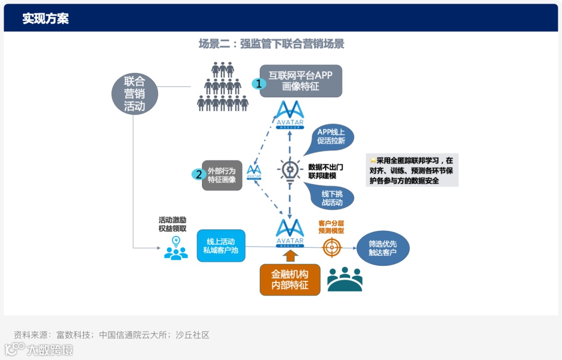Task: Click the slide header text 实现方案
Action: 45,19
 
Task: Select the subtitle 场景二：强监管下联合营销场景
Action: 271,44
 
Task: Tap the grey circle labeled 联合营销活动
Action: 134,94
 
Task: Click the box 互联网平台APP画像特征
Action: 301,81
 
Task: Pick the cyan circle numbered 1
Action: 259,83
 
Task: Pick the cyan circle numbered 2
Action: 198,175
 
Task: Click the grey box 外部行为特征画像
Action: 222,175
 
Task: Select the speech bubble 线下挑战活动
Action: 331,198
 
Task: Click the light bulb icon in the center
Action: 290,170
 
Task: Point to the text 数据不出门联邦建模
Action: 326,171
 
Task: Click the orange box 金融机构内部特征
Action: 290,279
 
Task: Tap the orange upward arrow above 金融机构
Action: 290,255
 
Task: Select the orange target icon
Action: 331,247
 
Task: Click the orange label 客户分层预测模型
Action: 331,227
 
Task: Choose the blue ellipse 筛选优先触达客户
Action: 383,248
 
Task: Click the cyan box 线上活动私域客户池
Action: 221,246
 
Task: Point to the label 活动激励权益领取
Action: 173,224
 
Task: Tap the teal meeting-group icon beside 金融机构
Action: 344,279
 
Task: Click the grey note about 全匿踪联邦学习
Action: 412,171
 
